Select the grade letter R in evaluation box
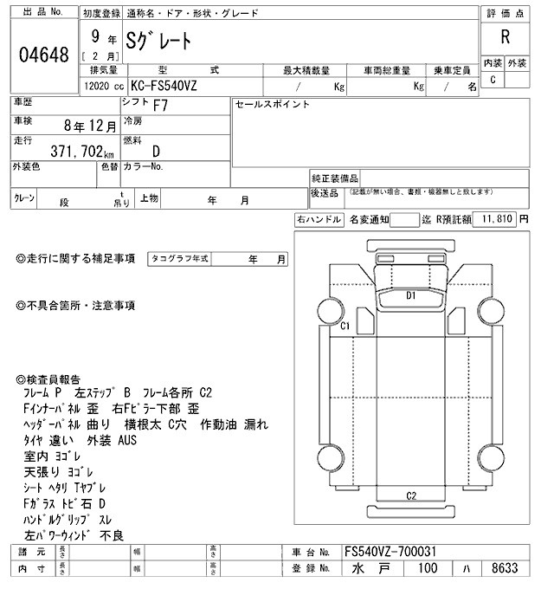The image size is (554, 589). pyautogui.click(x=505, y=37)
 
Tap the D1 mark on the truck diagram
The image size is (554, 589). pyautogui.click(x=412, y=296)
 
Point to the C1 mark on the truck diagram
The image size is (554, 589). pyautogui.click(x=344, y=327)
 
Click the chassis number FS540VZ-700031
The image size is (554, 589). pyautogui.click(x=391, y=551)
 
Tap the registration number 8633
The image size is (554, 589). pyautogui.click(x=503, y=568)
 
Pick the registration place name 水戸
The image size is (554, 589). pyautogui.click(x=369, y=568)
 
